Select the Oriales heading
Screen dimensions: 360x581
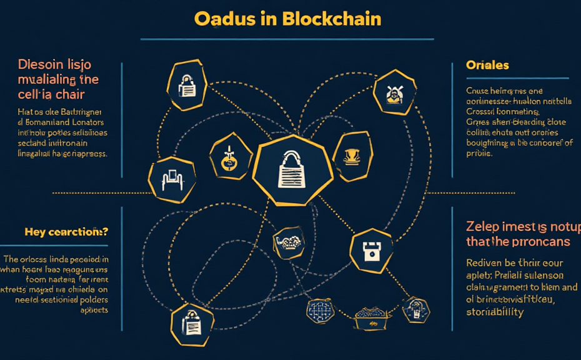(487, 65)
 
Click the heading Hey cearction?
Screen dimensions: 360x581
(66, 232)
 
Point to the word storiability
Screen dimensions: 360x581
(495, 312)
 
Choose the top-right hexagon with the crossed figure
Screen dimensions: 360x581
(394, 93)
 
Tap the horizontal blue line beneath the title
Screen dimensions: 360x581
(287, 39)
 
